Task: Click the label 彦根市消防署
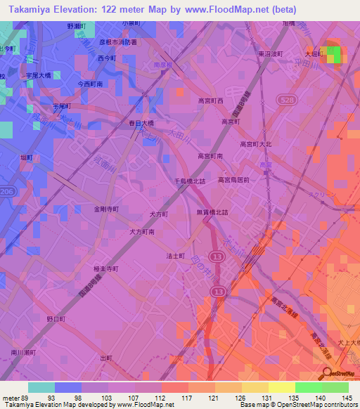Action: (117, 42)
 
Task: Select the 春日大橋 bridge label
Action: (141, 123)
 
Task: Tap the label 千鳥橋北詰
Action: (190, 181)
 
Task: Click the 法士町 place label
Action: (174, 257)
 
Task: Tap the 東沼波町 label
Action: (270, 54)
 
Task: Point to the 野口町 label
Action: (56, 318)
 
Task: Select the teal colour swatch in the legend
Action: (41, 387)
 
